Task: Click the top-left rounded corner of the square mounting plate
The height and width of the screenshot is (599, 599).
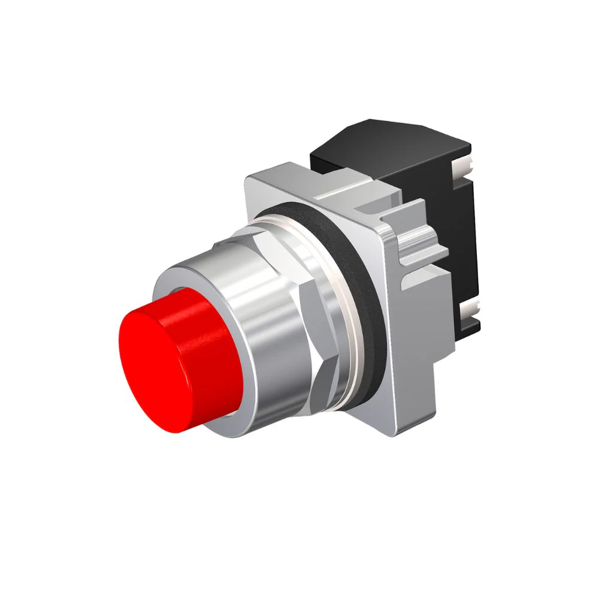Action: pyautogui.click(x=252, y=177)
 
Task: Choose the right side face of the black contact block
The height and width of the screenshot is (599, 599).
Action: pyautogui.click(x=461, y=240)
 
